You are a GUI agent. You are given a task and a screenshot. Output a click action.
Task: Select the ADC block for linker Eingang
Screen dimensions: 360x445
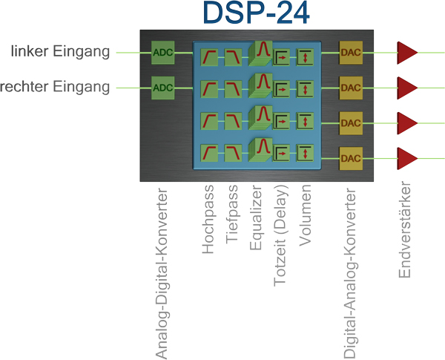tap(162, 52)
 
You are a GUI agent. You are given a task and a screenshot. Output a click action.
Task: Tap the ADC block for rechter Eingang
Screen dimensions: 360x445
tap(162, 88)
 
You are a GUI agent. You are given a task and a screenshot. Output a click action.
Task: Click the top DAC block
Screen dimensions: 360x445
tap(350, 53)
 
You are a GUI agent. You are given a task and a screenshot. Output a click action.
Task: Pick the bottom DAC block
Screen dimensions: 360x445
tap(350, 157)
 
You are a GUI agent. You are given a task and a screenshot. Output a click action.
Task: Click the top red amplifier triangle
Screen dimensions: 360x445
tap(406, 53)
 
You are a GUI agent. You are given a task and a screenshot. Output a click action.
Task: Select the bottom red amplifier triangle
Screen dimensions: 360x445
tap(406, 157)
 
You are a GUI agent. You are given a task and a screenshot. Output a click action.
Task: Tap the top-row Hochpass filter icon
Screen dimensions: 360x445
tap(211, 55)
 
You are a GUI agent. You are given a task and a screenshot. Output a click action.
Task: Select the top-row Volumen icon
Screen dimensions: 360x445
tap(306, 56)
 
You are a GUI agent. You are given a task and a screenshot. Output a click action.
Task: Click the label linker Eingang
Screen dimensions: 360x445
tap(62, 52)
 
